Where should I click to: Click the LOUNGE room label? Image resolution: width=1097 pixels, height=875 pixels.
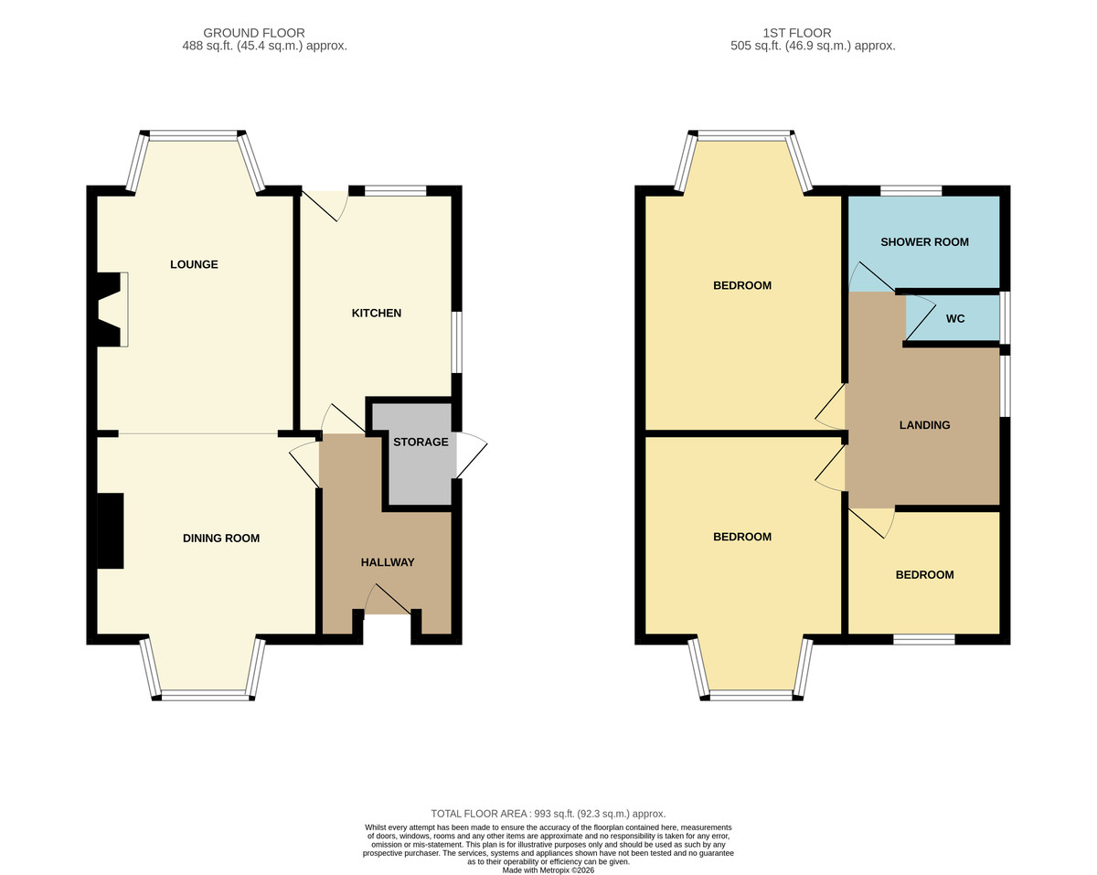tap(194, 264)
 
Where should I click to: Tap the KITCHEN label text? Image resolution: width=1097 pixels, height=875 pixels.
tap(377, 313)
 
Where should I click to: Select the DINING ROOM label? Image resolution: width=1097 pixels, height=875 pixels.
tap(221, 538)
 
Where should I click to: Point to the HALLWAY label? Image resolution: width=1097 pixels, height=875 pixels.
tap(388, 562)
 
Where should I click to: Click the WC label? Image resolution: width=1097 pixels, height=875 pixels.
tap(954, 319)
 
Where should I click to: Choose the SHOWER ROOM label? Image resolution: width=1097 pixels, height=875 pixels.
tap(924, 242)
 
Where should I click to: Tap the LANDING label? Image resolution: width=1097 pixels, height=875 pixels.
tap(924, 425)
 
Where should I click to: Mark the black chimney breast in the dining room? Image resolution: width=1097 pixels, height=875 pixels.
tap(110, 530)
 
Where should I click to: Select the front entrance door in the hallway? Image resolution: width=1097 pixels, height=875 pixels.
tap(388, 599)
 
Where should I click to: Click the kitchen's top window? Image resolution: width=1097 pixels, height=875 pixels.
tap(396, 191)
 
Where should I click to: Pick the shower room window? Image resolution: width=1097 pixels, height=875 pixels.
tap(911, 191)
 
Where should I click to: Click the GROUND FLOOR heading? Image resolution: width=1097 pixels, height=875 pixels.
tap(254, 33)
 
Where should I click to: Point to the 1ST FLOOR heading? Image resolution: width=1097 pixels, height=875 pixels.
tap(797, 33)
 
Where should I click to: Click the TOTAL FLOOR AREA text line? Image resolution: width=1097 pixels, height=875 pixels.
tap(548, 814)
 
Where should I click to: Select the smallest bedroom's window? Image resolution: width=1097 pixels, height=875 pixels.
tap(923, 639)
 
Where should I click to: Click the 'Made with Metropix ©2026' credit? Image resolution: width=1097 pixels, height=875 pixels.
tap(548, 870)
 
